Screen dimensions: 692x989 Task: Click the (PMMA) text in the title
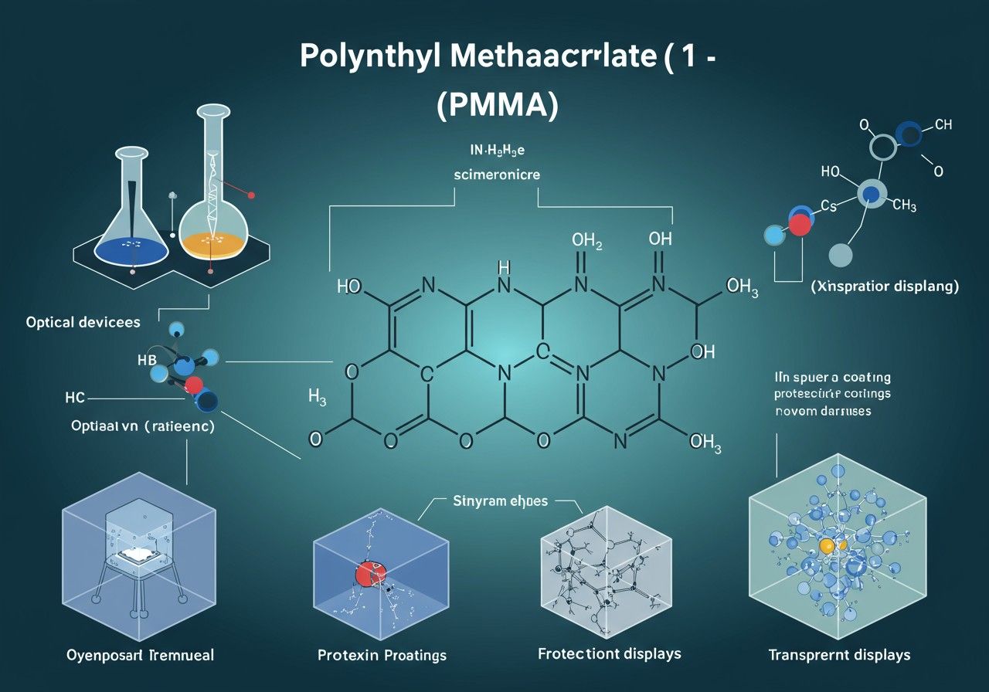[x=497, y=106]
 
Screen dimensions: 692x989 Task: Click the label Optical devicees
[x=83, y=321]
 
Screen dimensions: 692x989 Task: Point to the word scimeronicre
[x=495, y=175]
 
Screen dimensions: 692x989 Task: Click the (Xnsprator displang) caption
[x=885, y=287]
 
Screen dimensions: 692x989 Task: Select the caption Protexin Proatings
[x=382, y=655]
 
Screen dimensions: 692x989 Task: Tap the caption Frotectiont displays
[x=609, y=653]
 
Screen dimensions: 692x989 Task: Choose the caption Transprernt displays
[x=839, y=655]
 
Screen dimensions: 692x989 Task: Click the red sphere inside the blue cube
[x=370, y=574]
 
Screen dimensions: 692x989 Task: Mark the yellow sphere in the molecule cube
[x=827, y=546]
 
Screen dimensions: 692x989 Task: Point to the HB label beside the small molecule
[x=147, y=360]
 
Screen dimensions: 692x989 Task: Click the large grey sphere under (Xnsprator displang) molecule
[x=840, y=254]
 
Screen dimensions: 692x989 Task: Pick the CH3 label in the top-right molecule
[x=904, y=206]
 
